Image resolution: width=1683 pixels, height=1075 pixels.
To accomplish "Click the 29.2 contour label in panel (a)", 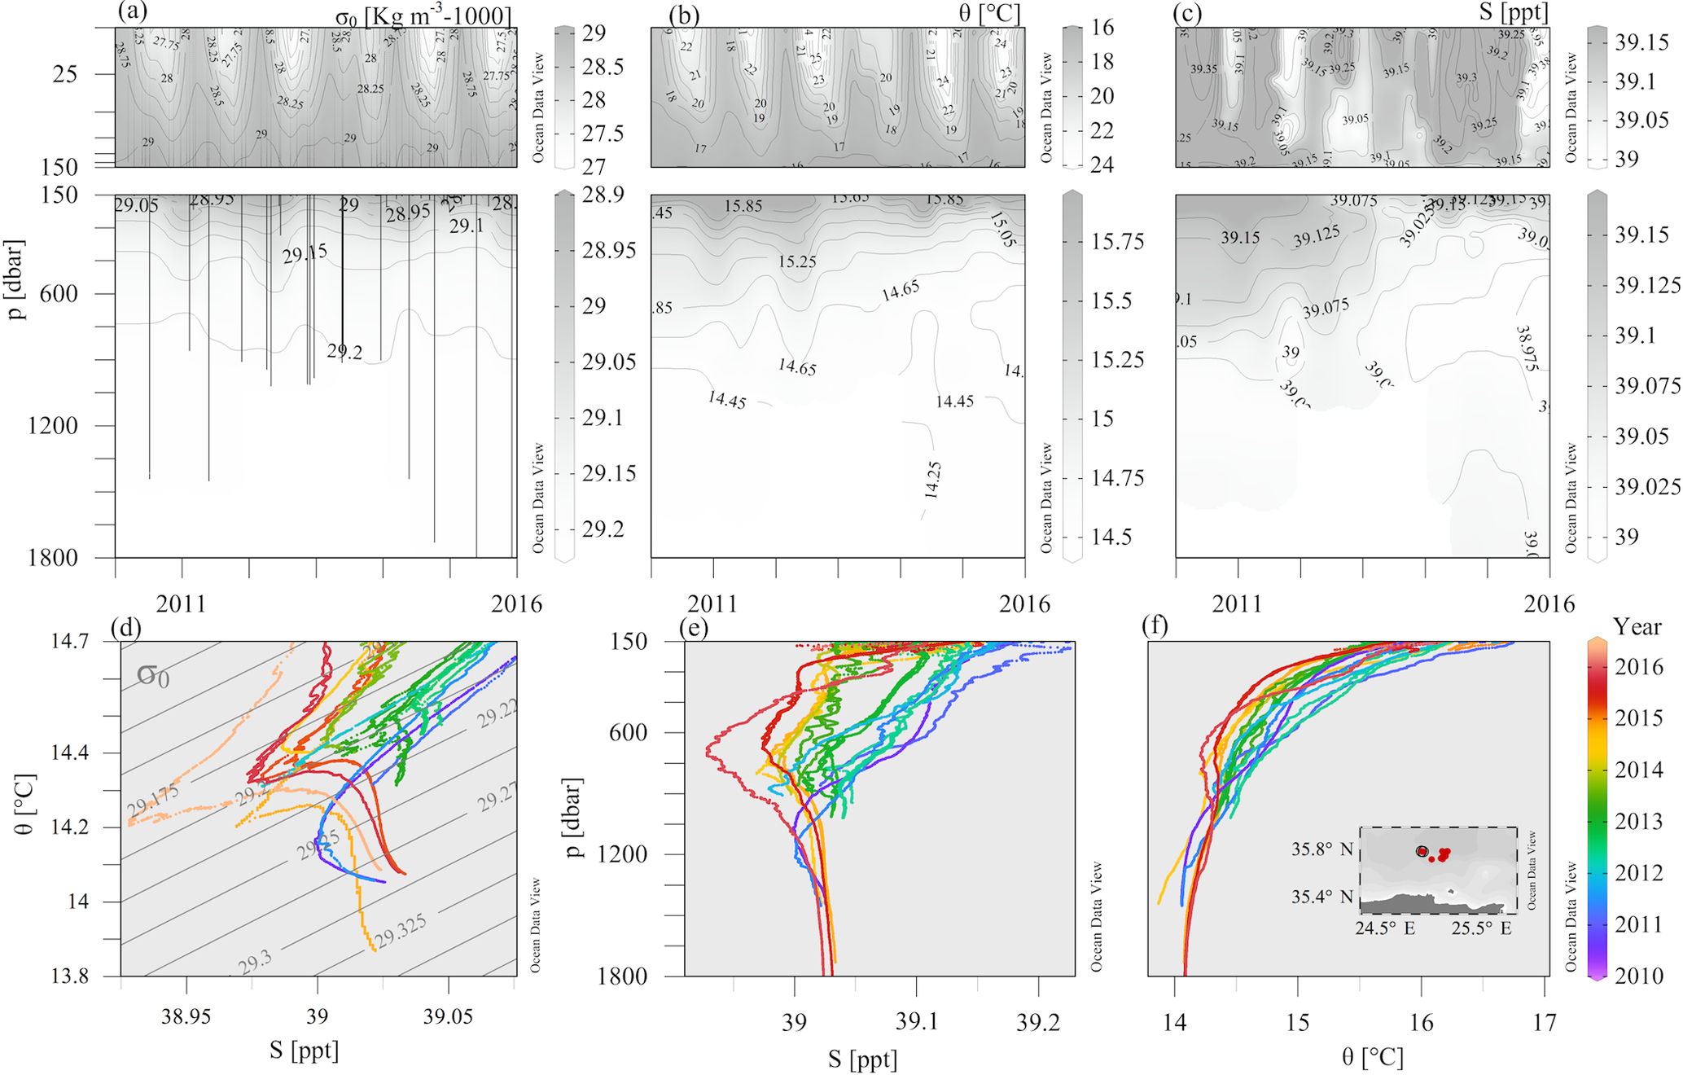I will pos(344,352).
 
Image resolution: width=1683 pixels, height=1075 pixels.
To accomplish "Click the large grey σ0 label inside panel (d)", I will pos(152,674).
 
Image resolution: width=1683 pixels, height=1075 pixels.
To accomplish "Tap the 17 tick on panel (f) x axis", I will pos(1545,1022).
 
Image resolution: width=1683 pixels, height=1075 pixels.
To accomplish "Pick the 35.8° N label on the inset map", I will pos(1321,850).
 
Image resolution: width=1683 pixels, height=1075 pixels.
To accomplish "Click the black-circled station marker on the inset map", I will pos(1422,851).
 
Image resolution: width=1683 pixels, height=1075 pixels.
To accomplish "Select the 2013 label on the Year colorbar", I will pos(1638,821).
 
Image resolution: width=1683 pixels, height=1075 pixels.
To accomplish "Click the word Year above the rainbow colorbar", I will pos(1637,627).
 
